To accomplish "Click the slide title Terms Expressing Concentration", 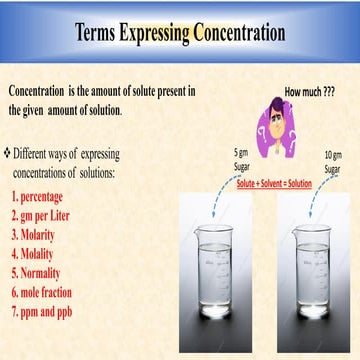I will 180,32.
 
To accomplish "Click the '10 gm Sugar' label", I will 333,160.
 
